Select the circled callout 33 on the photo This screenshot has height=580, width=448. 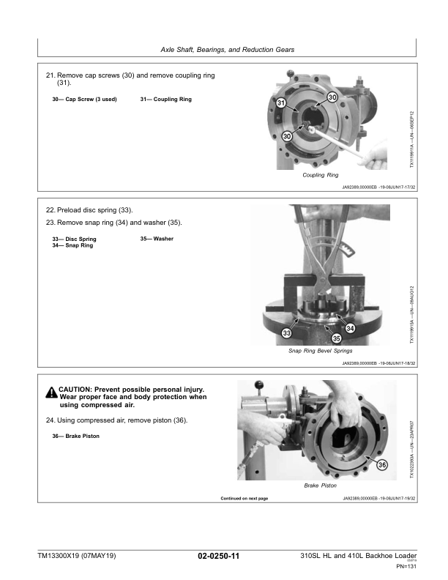(x=286, y=333)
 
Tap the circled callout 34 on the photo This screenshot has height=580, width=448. (x=350, y=327)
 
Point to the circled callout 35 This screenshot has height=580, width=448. (x=337, y=338)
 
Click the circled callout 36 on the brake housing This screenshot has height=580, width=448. (x=382, y=466)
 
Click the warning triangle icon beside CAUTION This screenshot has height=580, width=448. (x=51, y=392)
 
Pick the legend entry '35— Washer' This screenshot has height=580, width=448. (x=157, y=239)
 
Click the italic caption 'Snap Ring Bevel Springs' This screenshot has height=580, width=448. (x=321, y=351)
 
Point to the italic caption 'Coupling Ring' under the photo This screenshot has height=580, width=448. (x=320, y=176)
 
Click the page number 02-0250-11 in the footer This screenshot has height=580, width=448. (x=219, y=557)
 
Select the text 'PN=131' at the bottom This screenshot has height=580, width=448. (x=406, y=566)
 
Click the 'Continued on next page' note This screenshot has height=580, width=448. (x=244, y=499)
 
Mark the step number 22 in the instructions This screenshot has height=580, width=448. (x=51, y=210)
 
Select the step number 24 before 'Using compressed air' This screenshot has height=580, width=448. (x=51, y=420)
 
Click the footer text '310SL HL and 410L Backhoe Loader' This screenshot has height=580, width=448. (x=359, y=557)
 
